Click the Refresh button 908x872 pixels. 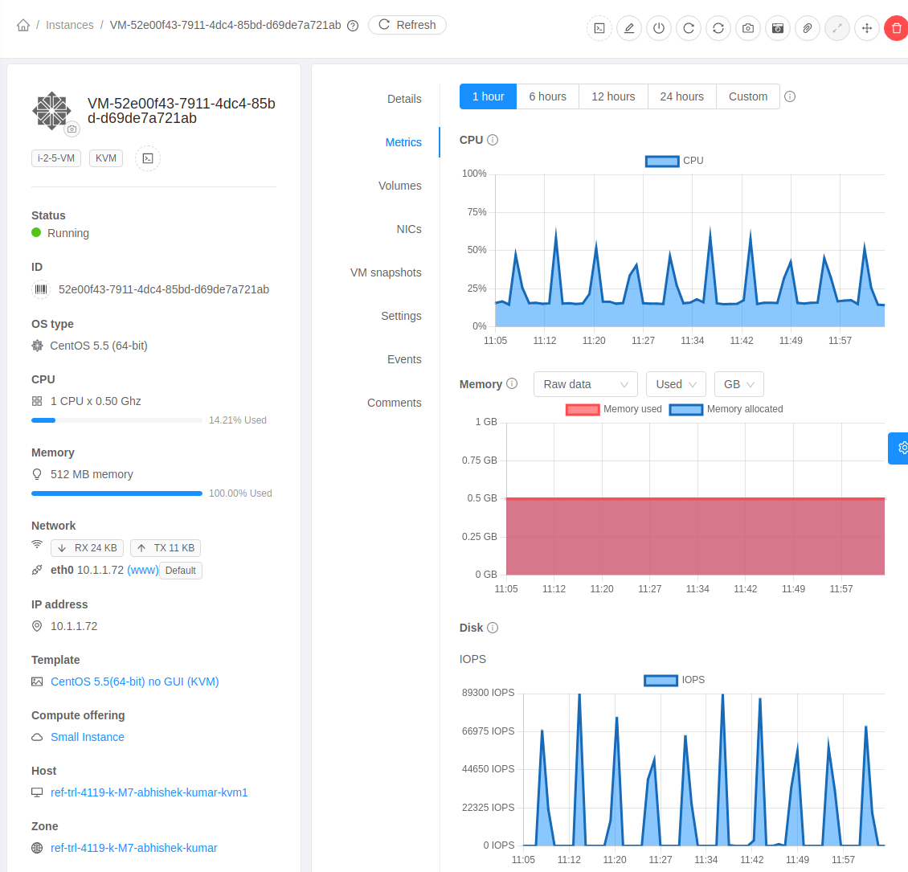point(407,25)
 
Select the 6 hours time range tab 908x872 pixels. point(547,96)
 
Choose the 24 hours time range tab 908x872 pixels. point(681,96)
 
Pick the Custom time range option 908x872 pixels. point(747,96)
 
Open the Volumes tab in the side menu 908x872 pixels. point(399,186)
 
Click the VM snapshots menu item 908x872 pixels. point(386,272)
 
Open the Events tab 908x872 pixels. point(404,359)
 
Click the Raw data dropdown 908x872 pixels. point(585,384)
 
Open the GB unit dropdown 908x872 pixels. point(738,384)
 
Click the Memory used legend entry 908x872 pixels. point(615,409)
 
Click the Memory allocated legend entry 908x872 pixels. point(726,409)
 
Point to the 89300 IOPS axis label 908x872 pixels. point(488,693)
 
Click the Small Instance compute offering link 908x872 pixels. point(88,737)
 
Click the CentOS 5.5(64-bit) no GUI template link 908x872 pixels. point(134,682)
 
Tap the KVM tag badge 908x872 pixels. point(106,158)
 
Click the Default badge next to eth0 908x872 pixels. point(181,571)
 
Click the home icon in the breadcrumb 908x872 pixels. point(23,25)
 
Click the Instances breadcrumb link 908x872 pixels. point(70,25)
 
